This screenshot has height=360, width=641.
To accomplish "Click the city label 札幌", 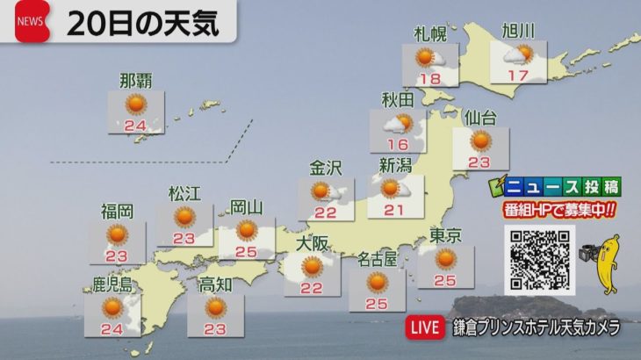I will click(x=430, y=35).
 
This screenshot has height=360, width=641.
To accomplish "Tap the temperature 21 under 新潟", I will click(x=393, y=208).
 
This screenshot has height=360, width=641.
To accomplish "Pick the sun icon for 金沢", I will click(x=321, y=191).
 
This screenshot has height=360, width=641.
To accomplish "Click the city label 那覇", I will click(x=136, y=82).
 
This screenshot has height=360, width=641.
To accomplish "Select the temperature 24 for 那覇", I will click(x=135, y=125).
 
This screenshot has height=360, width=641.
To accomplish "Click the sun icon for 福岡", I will click(x=117, y=234).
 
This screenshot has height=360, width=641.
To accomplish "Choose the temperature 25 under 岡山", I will click(x=247, y=252).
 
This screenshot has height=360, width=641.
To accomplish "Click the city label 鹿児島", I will click(x=112, y=284).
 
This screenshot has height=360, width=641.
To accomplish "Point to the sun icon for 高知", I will click(x=216, y=307).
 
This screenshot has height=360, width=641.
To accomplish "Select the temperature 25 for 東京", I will click(x=445, y=280).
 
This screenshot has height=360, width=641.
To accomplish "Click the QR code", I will click(x=539, y=260).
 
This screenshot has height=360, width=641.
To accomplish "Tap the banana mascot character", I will click(x=606, y=263).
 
